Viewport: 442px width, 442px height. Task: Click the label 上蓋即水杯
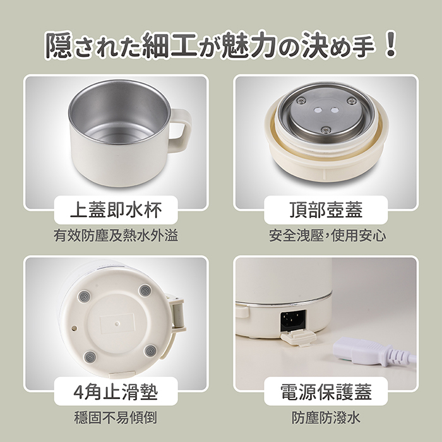[x=116, y=210]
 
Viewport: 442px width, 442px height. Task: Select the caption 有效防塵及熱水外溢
[x=116, y=235]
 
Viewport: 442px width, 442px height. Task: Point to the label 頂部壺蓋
[x=326, y=210]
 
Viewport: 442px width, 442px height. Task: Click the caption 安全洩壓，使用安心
[x=327, y=235]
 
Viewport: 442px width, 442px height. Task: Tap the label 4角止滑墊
[x=116, y=392]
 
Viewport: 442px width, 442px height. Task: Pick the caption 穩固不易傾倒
[x=116, y=417]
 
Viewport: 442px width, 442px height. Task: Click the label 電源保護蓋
[x=326, y=392]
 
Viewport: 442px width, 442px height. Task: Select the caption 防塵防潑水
[x=326, y=417]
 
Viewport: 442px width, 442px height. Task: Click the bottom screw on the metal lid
[x=326, y=129]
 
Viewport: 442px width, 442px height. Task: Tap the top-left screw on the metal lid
[x=301, y=100]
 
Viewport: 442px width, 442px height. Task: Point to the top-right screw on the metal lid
[x=352, y=100]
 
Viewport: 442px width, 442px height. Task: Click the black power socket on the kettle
[x=293, y=321]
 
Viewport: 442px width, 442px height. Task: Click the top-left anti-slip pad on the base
[x=84, y=297]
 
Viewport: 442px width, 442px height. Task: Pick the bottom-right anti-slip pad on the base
[x=150, y=351]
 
